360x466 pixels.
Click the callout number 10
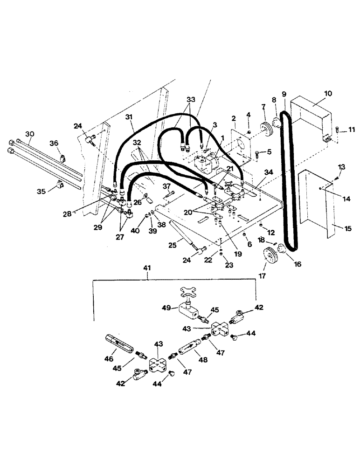point(327,94)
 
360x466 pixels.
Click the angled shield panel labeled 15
point(317,205)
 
